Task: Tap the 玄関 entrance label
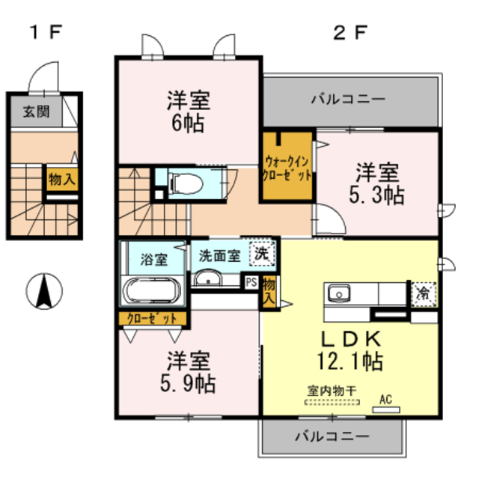tap(32, 113)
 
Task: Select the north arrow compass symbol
tap(45, 290)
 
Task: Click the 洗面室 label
tap(219, 255)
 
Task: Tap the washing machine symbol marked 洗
tap(261, 254)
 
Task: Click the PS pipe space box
tap(251, 282)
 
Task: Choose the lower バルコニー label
tap(332, 436)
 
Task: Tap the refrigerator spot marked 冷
tap(424, 293)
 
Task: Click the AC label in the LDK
tap(386, 400)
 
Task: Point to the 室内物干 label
tap(332, 390)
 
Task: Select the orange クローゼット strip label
tap(152, 317)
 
